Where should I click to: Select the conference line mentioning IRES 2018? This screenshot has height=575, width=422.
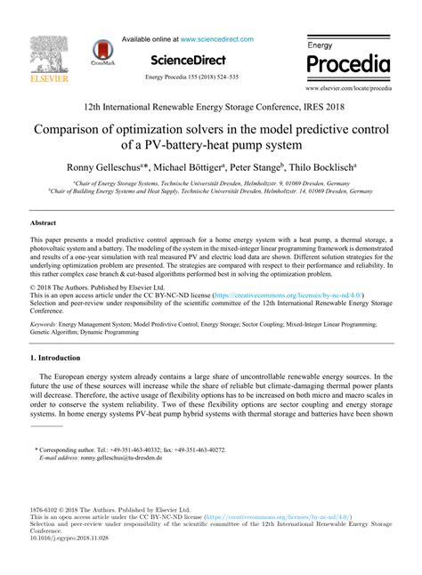pos(211,107)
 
